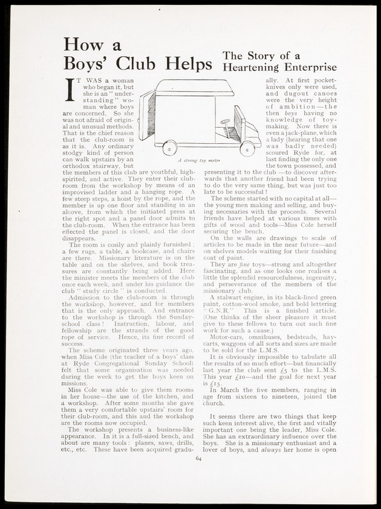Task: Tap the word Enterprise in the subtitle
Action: click(307, 68)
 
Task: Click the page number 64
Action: click(199, 458)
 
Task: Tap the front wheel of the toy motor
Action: click(246, 148)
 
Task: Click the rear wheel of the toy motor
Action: click(170, 146)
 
